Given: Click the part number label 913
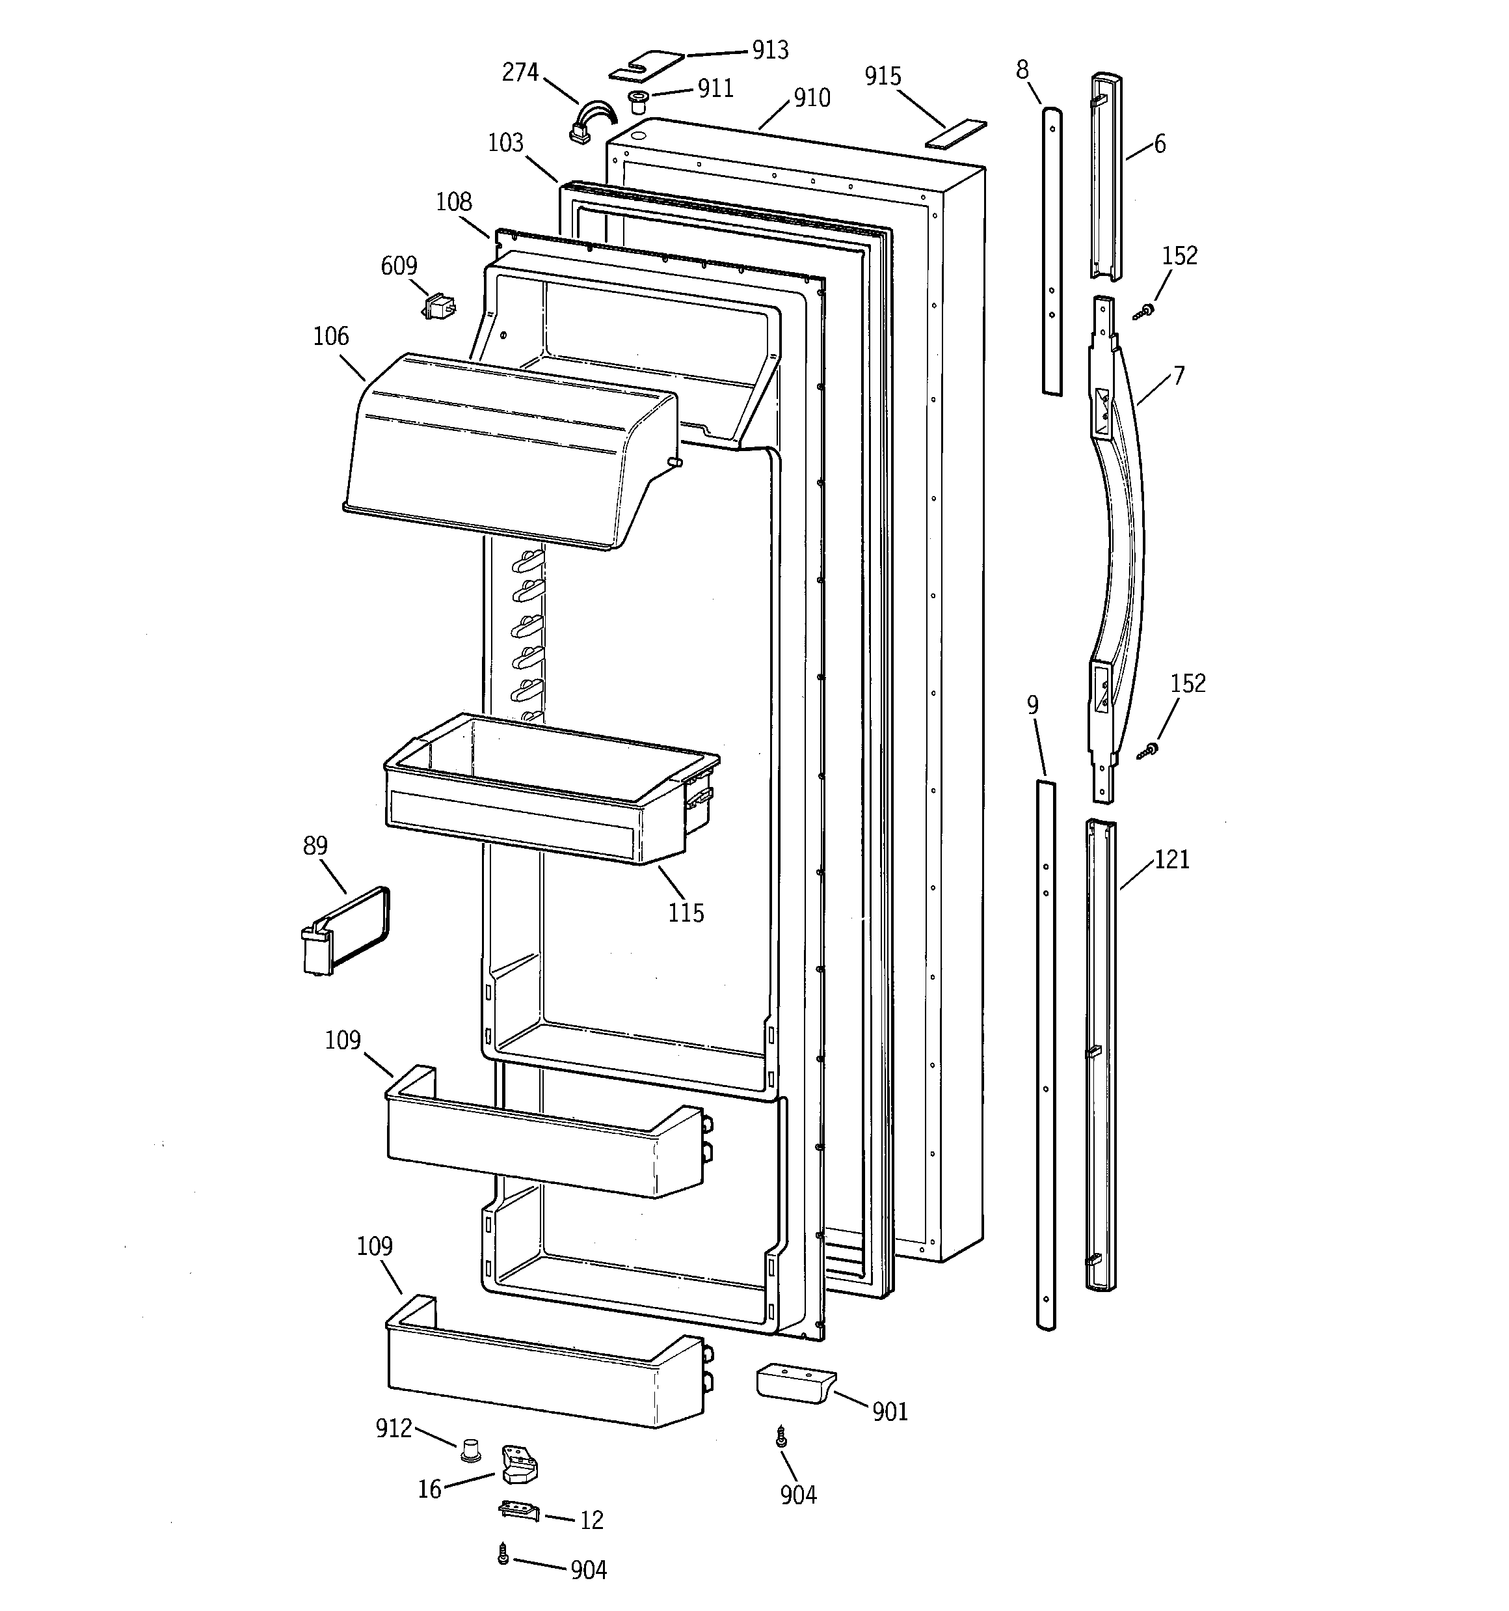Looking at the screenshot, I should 769,50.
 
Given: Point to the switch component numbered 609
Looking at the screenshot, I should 438,307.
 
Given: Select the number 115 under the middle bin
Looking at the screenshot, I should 686,913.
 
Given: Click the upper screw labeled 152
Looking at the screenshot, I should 1145,311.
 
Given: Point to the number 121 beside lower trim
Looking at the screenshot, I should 1171,859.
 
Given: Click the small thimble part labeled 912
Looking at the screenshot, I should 469,1450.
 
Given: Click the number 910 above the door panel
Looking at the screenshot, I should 812,98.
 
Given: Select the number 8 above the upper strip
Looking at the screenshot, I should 1022,70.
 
